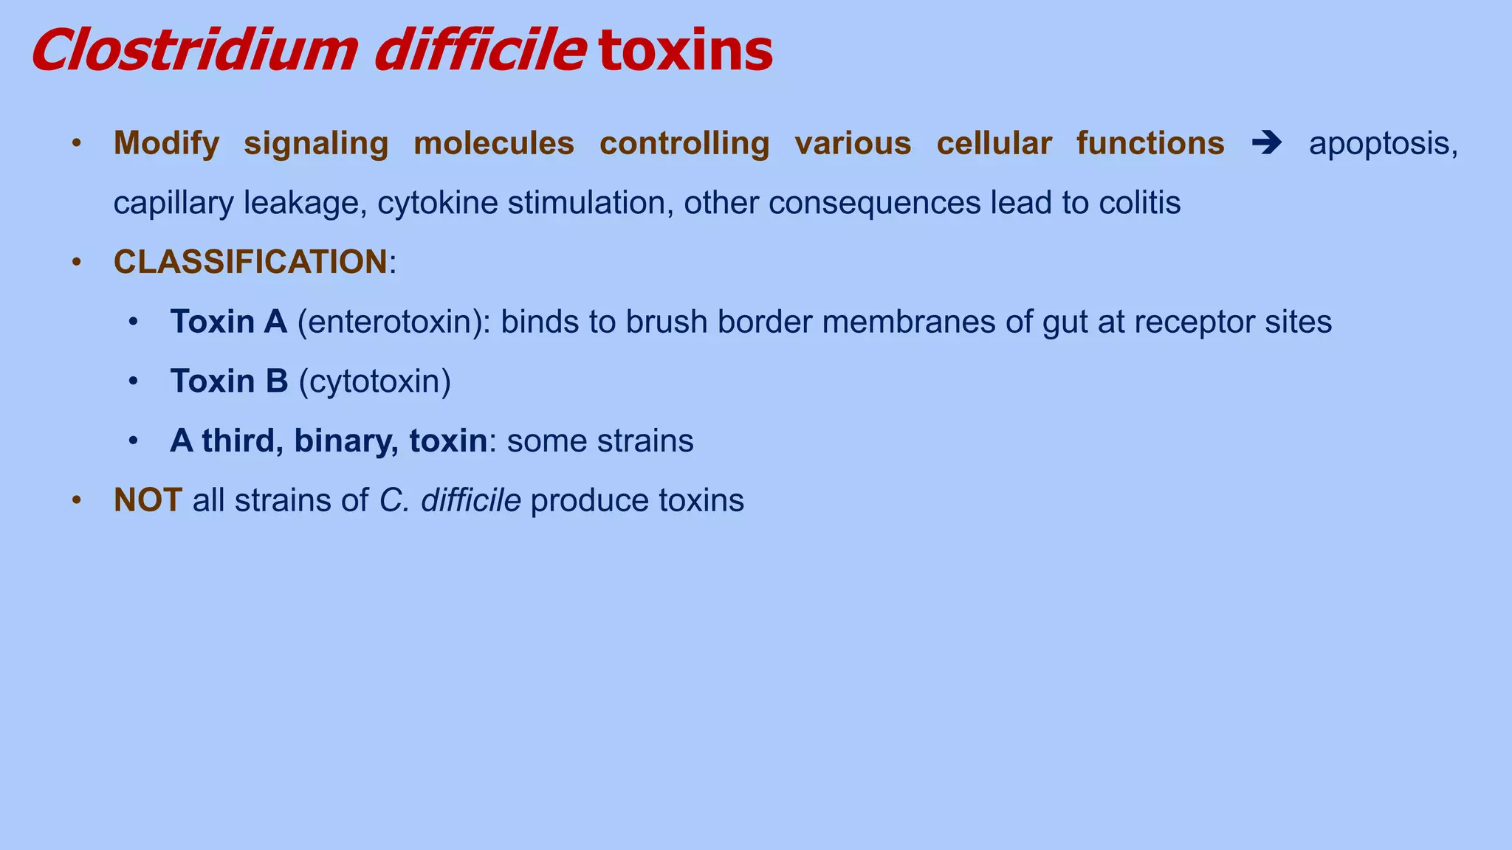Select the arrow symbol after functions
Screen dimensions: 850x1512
click(x=1267, y=142)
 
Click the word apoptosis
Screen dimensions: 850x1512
click(x=1382, y=144)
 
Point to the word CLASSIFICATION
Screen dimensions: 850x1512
click(x=250, y=262)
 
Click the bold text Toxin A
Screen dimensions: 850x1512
click(x=228, y=322)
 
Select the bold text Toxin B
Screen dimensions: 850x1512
click(x=229, y=381)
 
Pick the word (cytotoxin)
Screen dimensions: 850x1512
click(x=374, y=381)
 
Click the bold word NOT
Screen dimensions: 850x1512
click(x=148, y=500)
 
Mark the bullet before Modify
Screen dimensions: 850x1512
click(x=76, y=143)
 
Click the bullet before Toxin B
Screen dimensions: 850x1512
click(x=133, y=381)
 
